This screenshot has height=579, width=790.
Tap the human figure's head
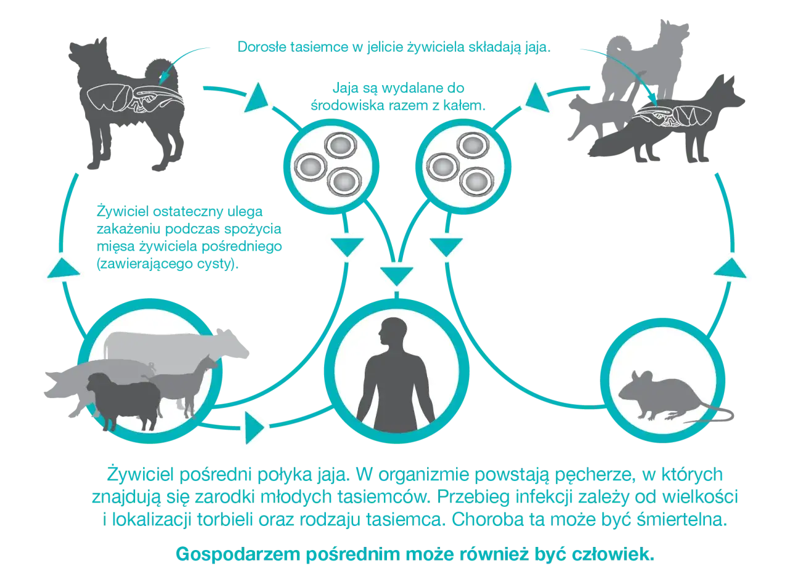coord(391,333)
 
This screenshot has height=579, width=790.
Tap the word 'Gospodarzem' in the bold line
coord(238,554)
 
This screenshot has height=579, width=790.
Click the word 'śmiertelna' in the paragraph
coord(682,519)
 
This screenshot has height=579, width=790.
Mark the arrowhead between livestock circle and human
coord(254,428)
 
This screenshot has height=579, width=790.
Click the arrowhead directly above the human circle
coord(397,276)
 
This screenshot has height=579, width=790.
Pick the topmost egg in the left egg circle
coord(340,145)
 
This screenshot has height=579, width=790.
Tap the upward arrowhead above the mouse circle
coord(730,268)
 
